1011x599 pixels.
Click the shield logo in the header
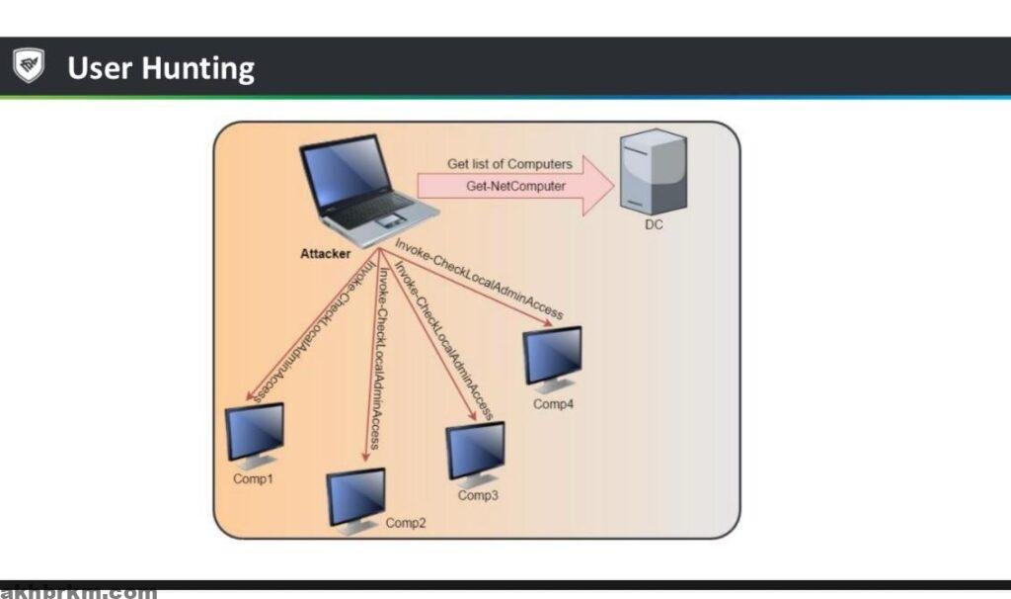28,66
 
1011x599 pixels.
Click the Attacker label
326,254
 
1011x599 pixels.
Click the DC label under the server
654,225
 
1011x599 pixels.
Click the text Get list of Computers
509,163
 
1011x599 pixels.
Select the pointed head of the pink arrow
595,184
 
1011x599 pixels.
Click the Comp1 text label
253,478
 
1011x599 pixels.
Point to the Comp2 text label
406,523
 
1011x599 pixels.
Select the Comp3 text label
478,495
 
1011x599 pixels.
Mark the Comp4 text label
554,403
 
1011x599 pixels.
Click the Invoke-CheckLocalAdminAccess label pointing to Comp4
478,279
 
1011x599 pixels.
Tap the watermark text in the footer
79,593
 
